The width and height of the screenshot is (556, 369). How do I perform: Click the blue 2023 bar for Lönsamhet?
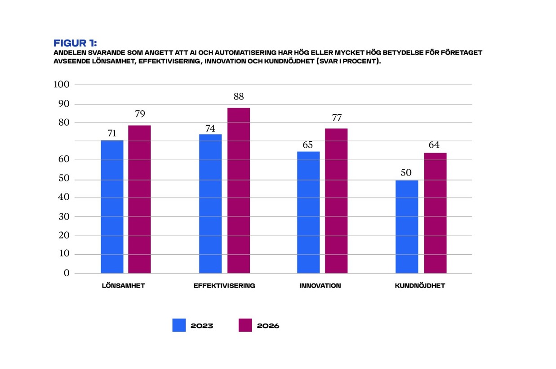112,207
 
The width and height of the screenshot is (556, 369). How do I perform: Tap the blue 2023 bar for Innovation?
308,212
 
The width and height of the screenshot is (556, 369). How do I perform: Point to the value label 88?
238,97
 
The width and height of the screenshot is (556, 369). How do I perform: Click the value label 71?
112,133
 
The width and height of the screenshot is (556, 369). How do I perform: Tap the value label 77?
336,118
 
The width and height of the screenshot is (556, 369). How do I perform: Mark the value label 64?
434,145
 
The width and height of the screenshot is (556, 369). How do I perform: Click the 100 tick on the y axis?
61,84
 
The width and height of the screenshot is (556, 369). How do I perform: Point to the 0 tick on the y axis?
67,273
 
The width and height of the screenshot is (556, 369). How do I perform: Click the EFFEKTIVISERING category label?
224,286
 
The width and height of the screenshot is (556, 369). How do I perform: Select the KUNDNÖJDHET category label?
420,286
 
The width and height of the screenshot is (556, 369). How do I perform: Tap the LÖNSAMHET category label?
123,286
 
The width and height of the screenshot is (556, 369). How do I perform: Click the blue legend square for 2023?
179,325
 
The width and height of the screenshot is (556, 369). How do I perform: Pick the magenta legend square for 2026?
245,325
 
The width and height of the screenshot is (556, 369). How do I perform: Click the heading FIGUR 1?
75,43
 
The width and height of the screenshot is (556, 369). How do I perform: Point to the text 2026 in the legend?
268,326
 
